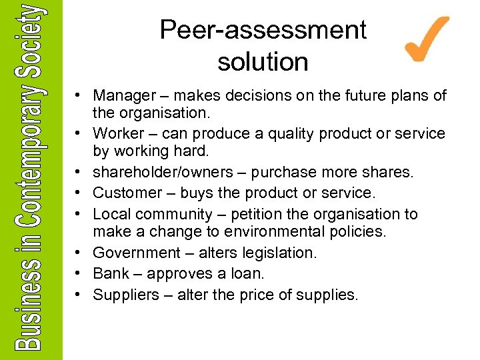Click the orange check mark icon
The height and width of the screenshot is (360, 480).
426,39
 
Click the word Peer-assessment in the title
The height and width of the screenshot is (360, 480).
263,30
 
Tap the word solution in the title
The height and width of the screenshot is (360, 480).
263,62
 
